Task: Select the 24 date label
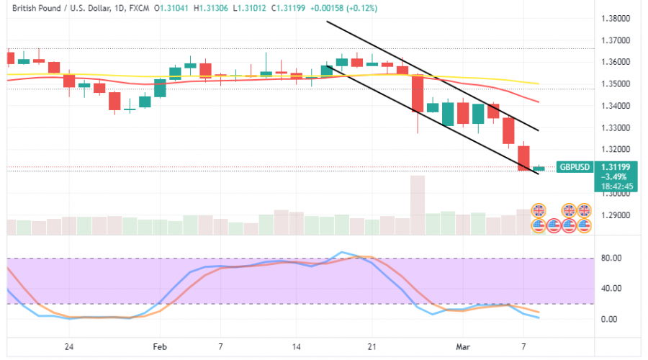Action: coord(68,346)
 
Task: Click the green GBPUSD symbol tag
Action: coord(575,167)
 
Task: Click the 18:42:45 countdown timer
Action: coord(617,186)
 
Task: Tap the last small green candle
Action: coord(539,168)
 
